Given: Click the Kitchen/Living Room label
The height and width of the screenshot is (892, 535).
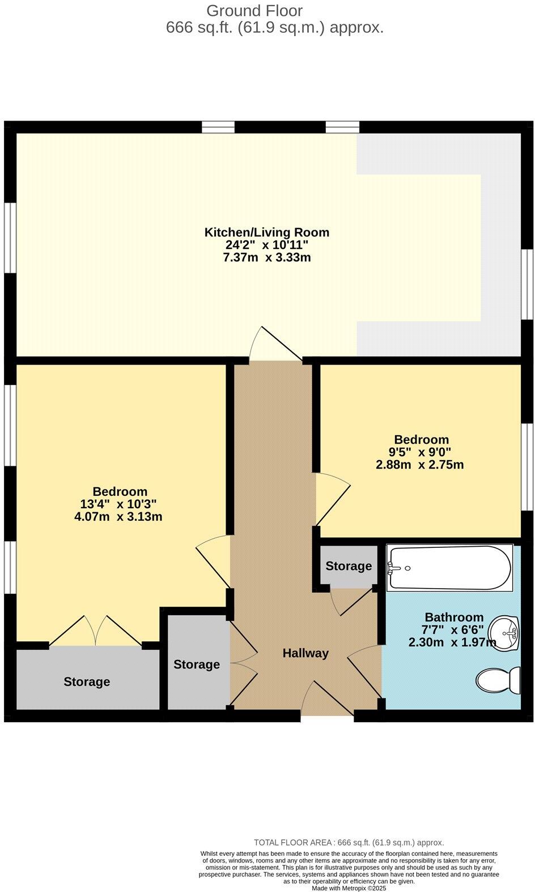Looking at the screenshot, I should click(x=266, y=232).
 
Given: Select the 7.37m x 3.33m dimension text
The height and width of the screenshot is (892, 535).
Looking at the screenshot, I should click(x=266, y=258).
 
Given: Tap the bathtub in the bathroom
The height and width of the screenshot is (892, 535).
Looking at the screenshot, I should click(x=447, y=568).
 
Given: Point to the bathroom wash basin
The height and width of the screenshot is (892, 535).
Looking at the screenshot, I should click(x=504, y=633).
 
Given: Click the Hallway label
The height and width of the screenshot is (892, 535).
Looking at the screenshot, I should click(x=305, y=653).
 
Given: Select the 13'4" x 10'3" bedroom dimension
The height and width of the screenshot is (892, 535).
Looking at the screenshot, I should click(x=120, y=504).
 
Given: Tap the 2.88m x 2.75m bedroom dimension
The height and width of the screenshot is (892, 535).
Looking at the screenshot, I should click(x=421, y=465).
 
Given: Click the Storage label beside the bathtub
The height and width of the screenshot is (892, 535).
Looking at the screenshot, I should click(x=349, y=566).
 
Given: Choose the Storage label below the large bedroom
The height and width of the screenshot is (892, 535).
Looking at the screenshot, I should click(x=87, y=681).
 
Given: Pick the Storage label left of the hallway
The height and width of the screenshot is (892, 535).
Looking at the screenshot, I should click(x=196, y=664).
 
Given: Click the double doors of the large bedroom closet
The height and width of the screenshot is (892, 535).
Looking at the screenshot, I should click(x=96, y=631).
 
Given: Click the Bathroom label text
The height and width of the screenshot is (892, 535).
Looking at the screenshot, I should click(x=454, y=617).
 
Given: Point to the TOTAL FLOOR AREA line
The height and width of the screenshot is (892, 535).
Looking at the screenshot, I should click(x=349, y=842).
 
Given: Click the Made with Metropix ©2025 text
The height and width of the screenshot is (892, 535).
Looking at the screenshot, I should click(x=349, y=889).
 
